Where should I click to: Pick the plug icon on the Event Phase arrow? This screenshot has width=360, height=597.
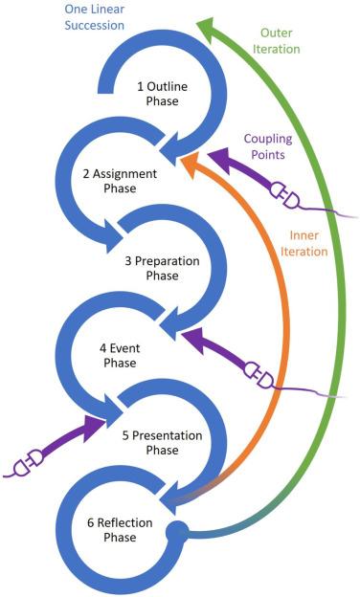pos(259,374)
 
